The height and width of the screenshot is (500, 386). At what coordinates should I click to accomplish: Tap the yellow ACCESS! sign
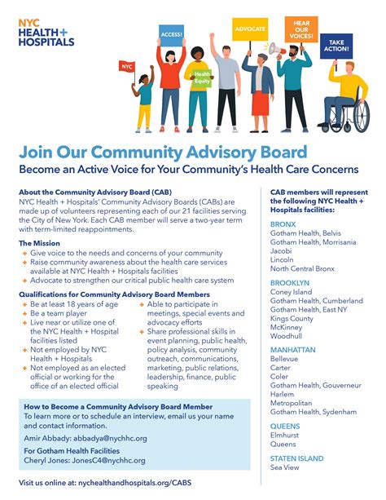pyautogui.click(x=172, y=34)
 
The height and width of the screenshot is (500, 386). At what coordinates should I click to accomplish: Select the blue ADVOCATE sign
pyautogui.click(x=249, y=29)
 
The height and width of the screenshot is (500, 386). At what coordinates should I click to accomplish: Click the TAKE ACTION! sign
pyautogui.click(x=336, y=46)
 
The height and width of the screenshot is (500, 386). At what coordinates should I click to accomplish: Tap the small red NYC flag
pyautogui.click(x=127, y=66)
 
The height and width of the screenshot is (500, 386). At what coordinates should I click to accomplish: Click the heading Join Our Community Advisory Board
pyautogui.click(x=164, y=153)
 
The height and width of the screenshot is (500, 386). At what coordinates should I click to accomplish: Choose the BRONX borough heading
pyautogui.click(x=283, y=223)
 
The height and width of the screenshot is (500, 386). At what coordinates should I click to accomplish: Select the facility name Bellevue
pyautogui.click(x=284, y=357)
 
